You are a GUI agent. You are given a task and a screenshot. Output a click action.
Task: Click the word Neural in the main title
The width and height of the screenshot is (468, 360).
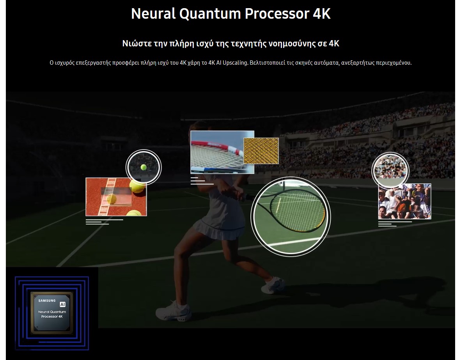[153, 14]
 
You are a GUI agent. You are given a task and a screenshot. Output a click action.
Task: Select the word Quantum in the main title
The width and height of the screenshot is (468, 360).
[210, 14]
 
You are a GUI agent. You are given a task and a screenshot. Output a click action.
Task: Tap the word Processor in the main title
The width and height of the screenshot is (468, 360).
[277, 14]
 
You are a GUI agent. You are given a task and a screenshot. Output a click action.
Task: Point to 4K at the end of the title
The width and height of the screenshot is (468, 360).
[322, 14]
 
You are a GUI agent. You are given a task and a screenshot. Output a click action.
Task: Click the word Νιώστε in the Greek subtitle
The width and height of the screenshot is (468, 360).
[137, 43]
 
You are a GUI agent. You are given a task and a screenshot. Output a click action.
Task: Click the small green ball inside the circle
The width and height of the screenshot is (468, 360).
[144, 167]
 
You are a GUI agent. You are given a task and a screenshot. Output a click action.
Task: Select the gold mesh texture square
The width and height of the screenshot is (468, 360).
[261, 151]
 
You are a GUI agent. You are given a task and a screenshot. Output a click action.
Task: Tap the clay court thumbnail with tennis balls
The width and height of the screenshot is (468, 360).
[116, 197]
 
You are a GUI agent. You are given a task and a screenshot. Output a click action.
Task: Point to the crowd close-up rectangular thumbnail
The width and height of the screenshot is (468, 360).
[405, 201]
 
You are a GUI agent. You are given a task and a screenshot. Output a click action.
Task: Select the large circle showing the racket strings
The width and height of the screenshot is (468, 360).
[291, 216]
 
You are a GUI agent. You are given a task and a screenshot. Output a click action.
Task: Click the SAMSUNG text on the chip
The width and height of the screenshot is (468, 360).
[47, 301]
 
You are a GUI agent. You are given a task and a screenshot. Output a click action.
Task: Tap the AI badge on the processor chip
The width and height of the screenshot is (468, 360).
[62, 304]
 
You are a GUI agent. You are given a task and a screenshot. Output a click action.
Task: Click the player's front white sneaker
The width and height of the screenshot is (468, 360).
[173, 311]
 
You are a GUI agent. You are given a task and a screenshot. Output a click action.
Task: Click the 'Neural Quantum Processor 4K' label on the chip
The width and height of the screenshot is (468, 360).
[52, 314]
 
